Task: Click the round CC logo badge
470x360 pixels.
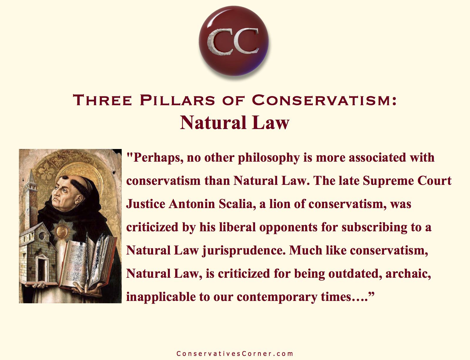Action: pos(234,41)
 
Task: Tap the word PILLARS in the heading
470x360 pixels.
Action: pos(177,100)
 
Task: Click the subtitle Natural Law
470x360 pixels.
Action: pos(235,123)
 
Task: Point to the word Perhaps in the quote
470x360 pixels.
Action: pos(156,158)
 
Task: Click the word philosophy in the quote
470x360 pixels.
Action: pos(269,158)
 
